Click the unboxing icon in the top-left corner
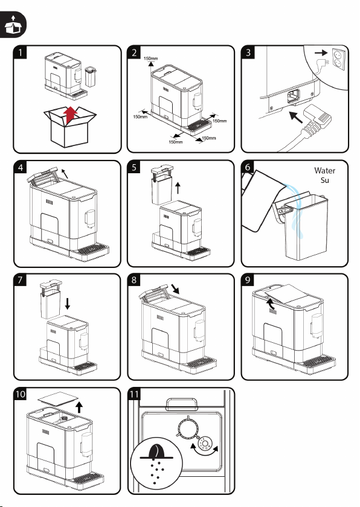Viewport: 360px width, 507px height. (x=13, y=24)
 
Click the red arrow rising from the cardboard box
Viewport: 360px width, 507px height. (x=70, y=115)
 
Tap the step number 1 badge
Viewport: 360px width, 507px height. (x=21, y=53)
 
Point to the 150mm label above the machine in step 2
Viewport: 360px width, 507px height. (x=151, y=59)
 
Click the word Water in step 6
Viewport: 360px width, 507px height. (x=324, y=171)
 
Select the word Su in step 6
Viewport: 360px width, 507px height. (x=325, y=180)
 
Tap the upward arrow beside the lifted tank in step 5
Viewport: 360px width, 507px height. (x=178, y=188)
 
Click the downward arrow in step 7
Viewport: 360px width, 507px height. (x=67, y=304)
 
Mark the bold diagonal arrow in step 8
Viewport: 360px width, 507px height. (x=175, y=289)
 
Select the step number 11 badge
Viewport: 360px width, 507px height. (x=134, y=394)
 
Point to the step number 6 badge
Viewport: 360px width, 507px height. (x=248, y=167)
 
